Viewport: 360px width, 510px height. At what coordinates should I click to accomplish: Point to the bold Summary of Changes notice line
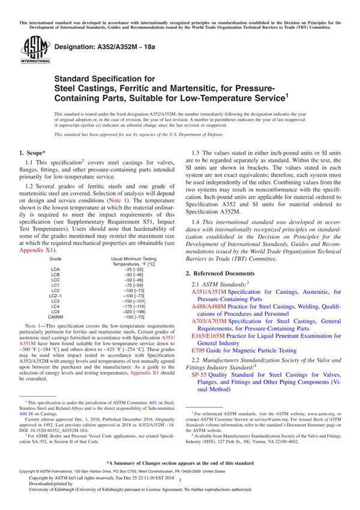179,464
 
